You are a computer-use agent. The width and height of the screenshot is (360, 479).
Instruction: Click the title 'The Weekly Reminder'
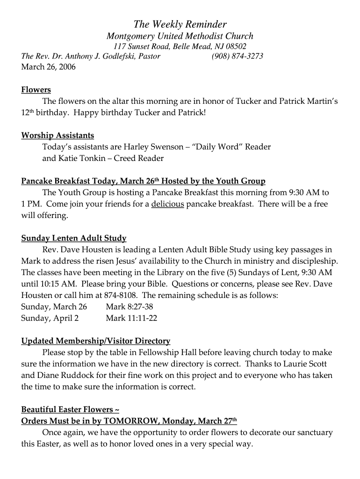[x=180, y=24]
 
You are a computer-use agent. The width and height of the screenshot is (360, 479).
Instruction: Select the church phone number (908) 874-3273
[x=237, y=56]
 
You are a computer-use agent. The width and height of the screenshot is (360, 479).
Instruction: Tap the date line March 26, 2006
[x=48, y=66]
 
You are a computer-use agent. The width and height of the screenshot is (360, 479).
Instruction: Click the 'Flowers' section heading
[x=36, y=90]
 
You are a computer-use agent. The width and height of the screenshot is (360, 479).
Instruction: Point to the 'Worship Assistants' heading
[x=58, y=136]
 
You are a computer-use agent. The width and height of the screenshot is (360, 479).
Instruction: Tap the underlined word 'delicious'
[x=167, y=204]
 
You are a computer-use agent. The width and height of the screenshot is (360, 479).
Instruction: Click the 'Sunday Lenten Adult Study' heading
[x=74, y=238]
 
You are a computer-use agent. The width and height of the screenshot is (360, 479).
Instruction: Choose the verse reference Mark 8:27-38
[x=130, y=307]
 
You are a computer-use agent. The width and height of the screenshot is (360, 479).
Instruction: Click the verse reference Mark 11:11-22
[x=131, y=318]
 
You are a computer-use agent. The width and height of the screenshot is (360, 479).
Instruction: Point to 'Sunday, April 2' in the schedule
[x=50, y=318]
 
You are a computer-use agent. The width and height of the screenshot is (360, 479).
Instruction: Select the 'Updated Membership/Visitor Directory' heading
[x=96, y=341]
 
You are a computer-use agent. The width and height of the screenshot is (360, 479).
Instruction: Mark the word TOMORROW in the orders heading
[x=129, y=421]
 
